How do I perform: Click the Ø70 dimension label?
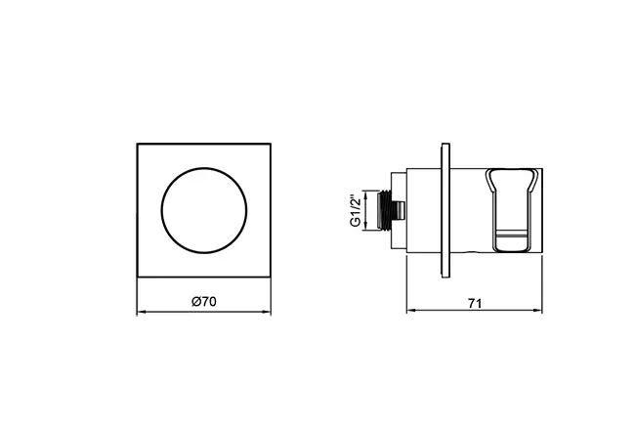coord(203,303)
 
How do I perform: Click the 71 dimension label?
coord(474,303)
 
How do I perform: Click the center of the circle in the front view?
coord(203,211)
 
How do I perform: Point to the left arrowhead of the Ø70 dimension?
coord(140,313)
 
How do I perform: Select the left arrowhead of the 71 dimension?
coord(410,313)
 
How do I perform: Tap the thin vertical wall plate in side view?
coord(445,210)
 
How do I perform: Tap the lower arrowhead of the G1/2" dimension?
coord(367,231)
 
